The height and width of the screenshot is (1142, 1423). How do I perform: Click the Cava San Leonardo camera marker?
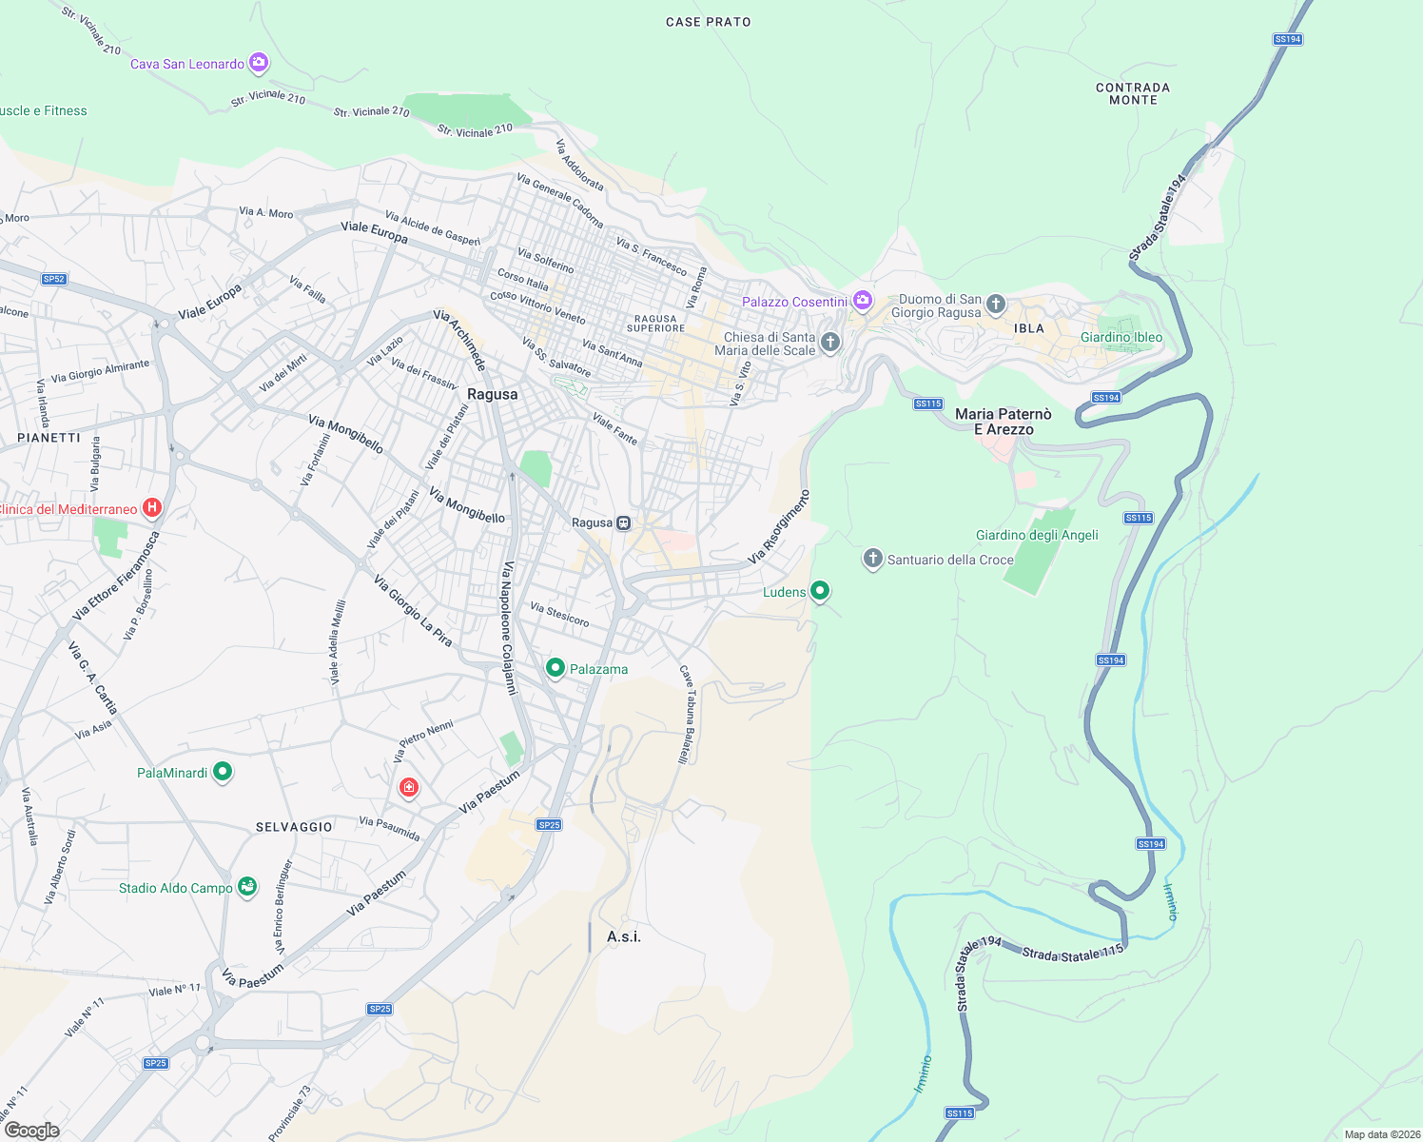coord(258,63)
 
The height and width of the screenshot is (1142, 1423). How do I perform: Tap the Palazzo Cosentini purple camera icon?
coord(863,301)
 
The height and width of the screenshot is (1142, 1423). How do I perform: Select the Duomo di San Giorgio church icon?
coord(996,305)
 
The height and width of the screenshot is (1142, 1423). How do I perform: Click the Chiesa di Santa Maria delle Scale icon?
coord(830,343)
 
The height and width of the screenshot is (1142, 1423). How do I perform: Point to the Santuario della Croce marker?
coord(873,559)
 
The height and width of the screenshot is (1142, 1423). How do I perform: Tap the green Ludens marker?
coord(820,591)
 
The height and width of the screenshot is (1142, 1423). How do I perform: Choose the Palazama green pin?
coord(556,668)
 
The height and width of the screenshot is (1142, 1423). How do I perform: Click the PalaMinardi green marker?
coord(223,772)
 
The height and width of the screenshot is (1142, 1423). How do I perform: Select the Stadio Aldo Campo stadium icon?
coord(247,887)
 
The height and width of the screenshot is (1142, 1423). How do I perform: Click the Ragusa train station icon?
coord(623,522)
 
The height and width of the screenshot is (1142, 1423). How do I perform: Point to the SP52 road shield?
coord(54,279)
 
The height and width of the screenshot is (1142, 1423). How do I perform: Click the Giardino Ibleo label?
coord(1121,337)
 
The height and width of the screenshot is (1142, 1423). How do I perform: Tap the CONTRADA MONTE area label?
coord(1133,93)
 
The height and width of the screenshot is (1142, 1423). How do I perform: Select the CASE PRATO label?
coord(708,22)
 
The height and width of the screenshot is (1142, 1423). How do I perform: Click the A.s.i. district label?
coord(624,936)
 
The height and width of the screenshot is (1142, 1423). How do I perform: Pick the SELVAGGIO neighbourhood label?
coord(294,827)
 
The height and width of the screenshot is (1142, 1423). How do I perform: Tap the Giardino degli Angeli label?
coord(1037,535)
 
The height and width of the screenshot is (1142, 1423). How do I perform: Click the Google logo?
coord(31,1130)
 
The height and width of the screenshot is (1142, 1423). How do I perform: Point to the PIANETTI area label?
coord(49,438)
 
